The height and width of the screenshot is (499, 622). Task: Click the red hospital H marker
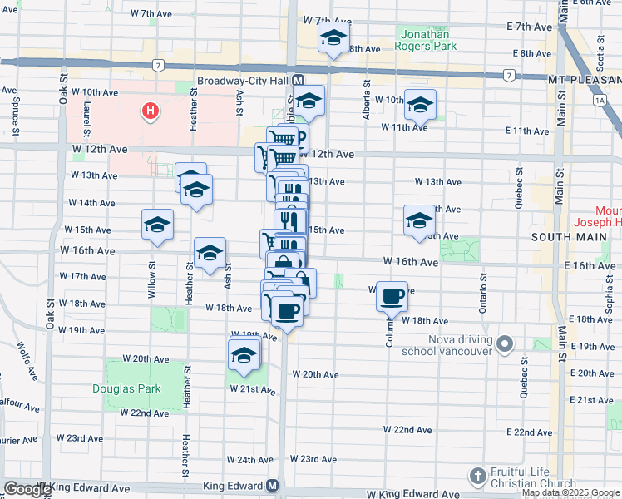(x=150, y=111)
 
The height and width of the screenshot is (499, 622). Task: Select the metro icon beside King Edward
(x=272, y=486)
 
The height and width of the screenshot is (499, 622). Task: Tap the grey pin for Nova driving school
(x=504, y=343)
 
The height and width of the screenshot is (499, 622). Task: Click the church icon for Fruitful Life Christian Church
(x=477, y=477)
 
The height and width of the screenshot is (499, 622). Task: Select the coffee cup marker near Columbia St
(x=392, y=295)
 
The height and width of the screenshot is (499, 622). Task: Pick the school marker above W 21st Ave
(x=244, y=355)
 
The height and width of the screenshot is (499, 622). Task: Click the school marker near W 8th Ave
(x=333, y=39)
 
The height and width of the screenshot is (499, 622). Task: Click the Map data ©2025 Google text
(x=571, y=493)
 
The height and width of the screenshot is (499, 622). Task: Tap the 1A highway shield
(x=599, y=100)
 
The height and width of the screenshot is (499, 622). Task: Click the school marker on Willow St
(x=157, y=225)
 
